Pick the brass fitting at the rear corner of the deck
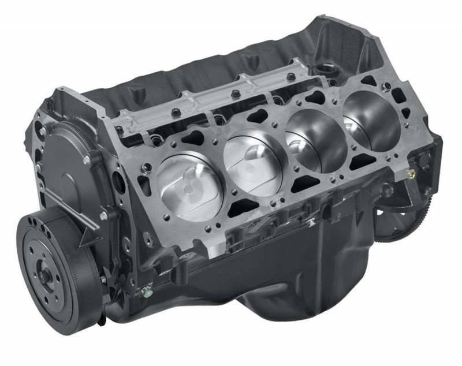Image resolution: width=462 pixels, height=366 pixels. tap(411, 173)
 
